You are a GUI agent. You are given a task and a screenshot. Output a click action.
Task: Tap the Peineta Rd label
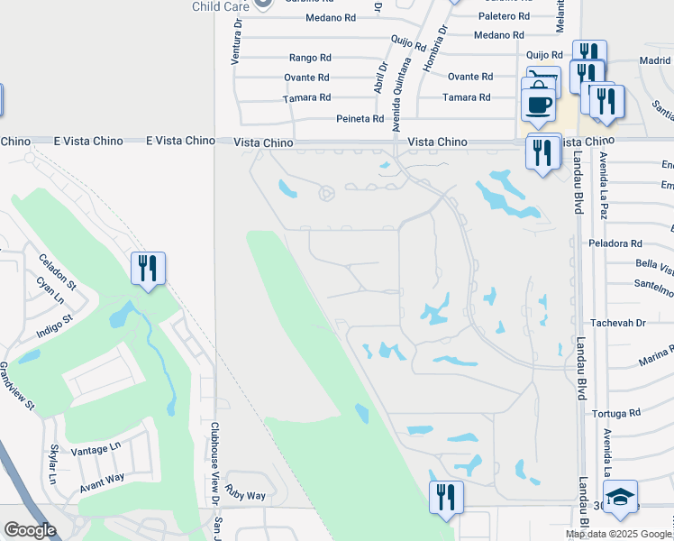360,118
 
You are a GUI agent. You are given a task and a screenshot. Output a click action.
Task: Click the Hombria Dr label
442,41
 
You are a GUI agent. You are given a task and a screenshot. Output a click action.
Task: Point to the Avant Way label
101,479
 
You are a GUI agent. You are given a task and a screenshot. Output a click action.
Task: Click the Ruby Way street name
245,495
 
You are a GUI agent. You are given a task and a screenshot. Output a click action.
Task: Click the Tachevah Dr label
617,322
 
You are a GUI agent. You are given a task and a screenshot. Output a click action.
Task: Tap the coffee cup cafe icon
540,102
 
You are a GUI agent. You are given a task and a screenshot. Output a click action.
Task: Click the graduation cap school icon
620,498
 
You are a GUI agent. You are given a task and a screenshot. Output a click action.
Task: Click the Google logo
30,530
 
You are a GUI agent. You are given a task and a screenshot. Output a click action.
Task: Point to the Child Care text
219,6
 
